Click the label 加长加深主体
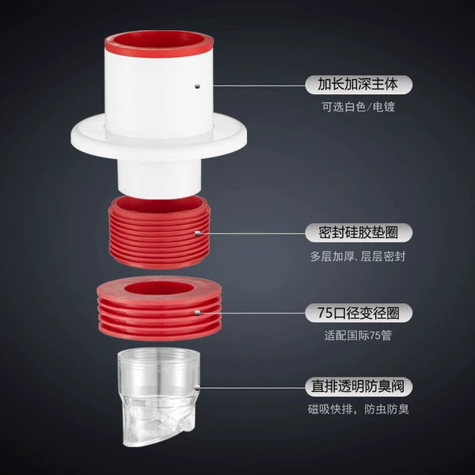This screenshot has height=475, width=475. click(358, 84)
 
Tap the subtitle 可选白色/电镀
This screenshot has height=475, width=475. click(359, 107)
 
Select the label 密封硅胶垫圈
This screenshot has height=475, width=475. click(358, 233)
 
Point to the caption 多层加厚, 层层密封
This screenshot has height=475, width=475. click(358, 256)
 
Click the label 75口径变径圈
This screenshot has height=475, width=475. click(359, 313)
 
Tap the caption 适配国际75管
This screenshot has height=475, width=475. click(358, 336)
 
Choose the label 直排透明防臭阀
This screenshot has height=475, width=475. click(358, 387)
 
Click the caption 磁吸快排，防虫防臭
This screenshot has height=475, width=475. click(359, 409)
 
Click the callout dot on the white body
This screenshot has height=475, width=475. click(197, 85)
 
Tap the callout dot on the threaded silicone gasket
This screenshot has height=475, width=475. click(197, 234)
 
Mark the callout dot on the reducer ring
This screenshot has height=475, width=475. click(197, 313)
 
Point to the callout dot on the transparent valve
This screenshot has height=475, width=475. click(197, 387)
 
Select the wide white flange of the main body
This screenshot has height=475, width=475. click(158, 142)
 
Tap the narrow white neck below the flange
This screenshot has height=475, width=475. click(159, 179)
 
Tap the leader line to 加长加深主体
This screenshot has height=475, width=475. click(260, 85)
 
